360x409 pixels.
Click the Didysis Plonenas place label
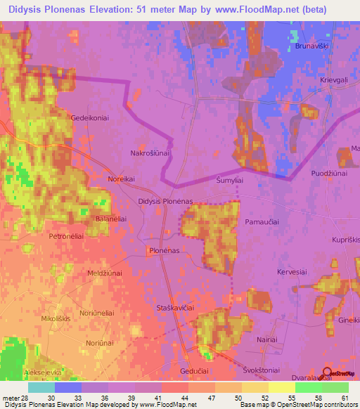point(165,202)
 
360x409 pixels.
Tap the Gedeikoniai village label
point(89,118)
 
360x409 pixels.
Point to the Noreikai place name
point(120,179)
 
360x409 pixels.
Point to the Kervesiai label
point(292,271)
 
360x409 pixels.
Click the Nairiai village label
point(266,339)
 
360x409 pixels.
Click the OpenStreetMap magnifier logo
point(327,372)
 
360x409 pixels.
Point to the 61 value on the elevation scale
point(344,398)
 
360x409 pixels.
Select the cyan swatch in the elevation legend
point(41,387)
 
